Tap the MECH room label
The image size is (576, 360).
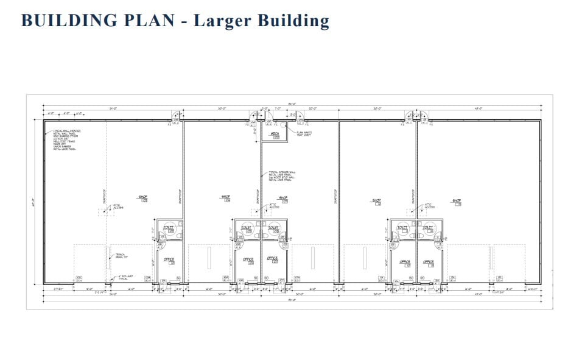point(275,135)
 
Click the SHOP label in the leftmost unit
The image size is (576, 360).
point(143,197)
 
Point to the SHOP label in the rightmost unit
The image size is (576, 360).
point(457,200)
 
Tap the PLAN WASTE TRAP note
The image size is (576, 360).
point(304,133)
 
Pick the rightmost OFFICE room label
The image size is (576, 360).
point(428,262)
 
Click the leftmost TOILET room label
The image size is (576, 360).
point(169,228)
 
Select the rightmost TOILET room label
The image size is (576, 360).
point(428,228)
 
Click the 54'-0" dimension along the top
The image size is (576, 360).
point(113,109)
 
